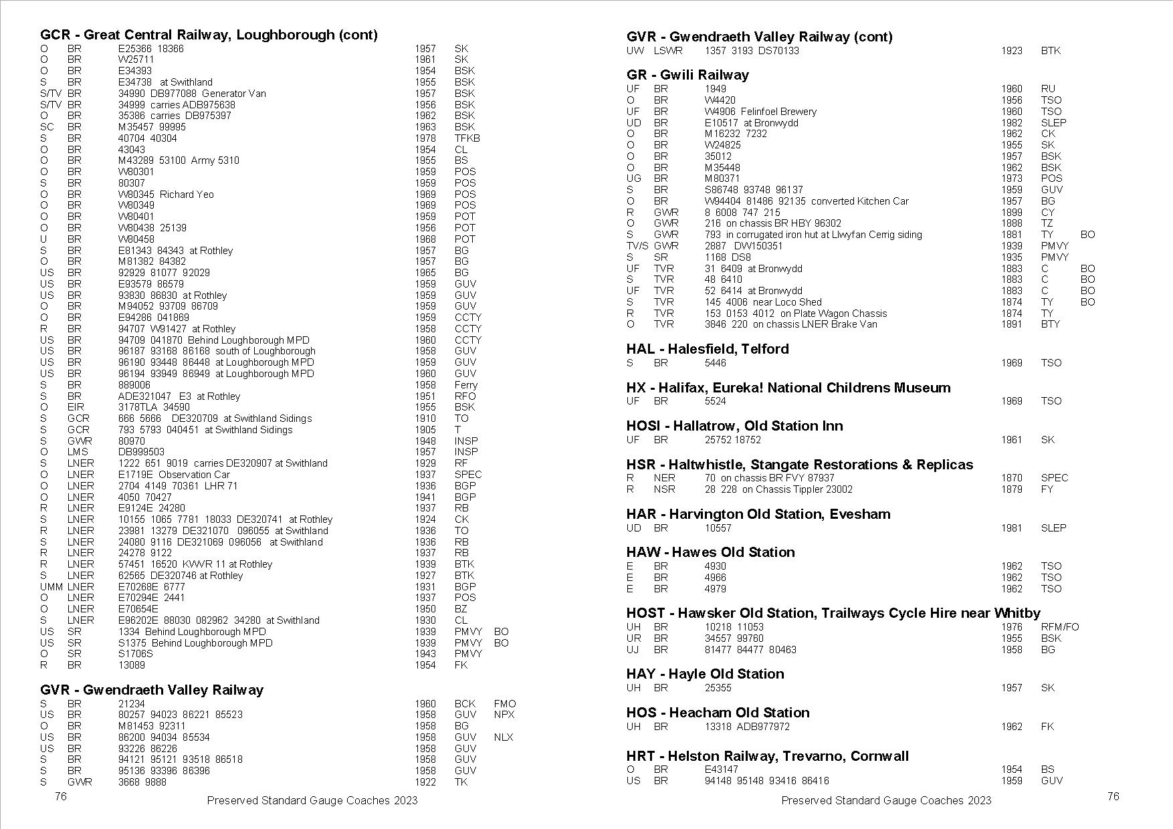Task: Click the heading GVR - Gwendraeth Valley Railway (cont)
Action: (759, 37)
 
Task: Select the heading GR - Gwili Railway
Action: (687, 75)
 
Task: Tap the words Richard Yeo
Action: (187, 195)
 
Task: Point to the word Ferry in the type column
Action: (465, 385)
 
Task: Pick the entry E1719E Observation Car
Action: (174, 475)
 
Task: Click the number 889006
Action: (134, 385)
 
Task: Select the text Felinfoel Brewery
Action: (778, 112)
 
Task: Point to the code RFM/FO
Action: (1060, 627)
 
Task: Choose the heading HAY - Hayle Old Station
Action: (705, 674)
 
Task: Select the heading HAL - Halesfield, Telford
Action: (708, 349)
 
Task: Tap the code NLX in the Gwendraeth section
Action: (504, 737)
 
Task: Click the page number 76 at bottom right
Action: (1113, 796)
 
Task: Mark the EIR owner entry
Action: (75, 407)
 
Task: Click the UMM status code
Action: (51, 587)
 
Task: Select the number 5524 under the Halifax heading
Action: (715, 401)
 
